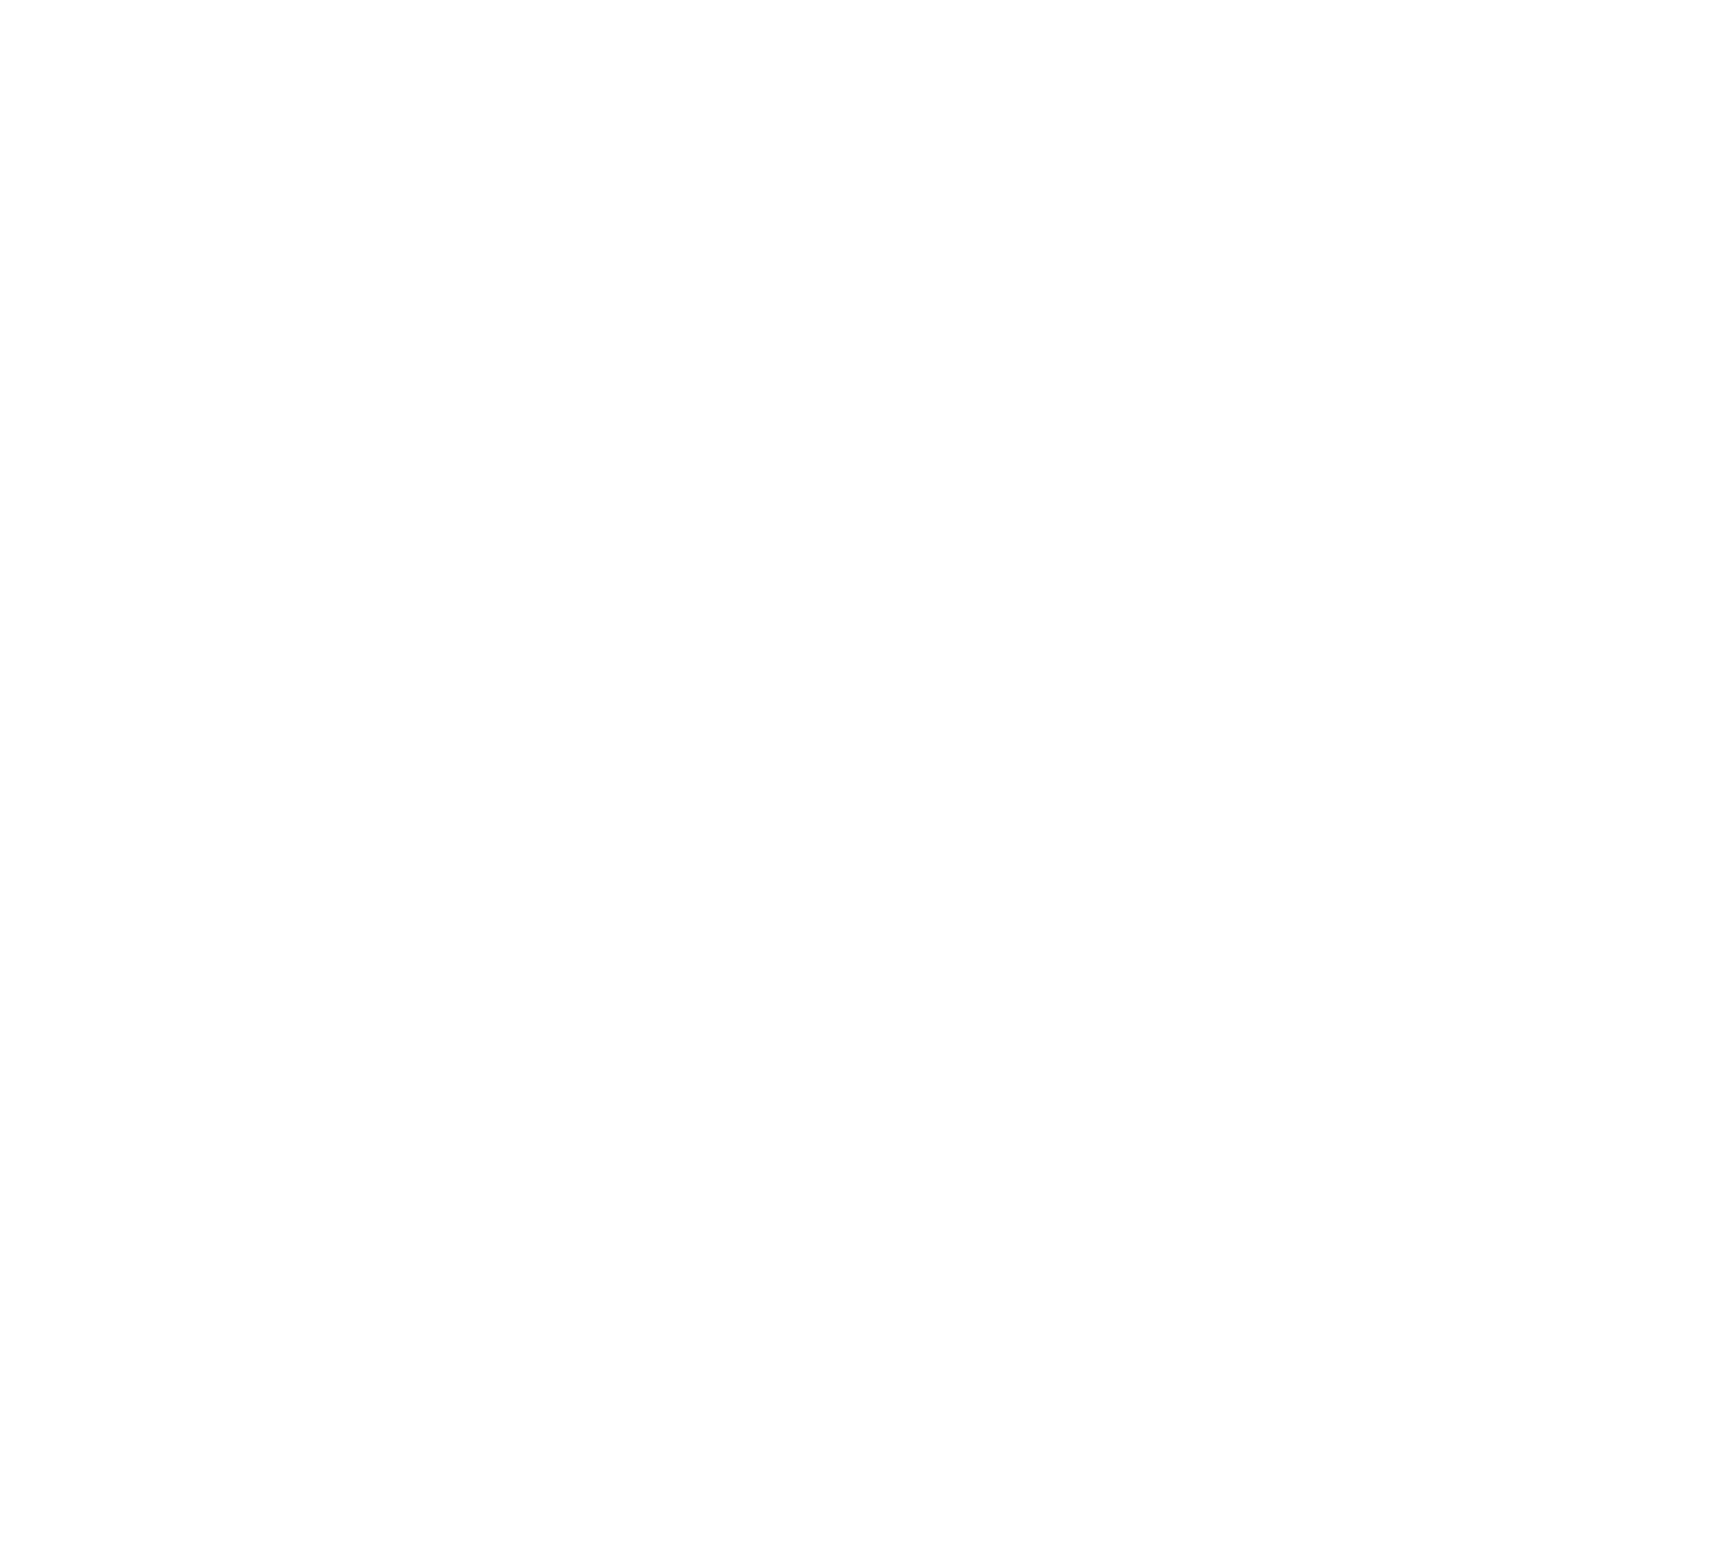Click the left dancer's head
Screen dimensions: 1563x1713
pyautogui.click(x=671, y=280)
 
